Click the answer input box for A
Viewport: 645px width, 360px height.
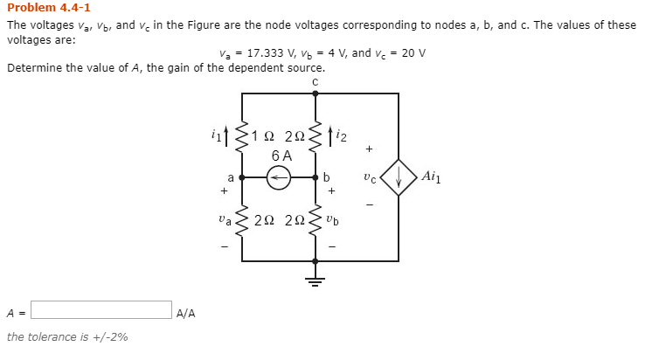click(x=101, y=310)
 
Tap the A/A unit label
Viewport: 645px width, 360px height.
click(x=185, y=312)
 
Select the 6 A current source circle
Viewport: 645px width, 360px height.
click(x=279, y=177)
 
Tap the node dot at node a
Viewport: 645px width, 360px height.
click(x=242, y=177)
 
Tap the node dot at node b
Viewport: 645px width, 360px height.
click(x=316, y=177)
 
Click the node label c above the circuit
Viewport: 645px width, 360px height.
click(x=315, y=81)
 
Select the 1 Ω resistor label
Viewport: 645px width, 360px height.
click(x=261, y=136)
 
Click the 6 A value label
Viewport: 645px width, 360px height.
click(x=281, y=156)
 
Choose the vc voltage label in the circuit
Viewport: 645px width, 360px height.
click(x=371, y=177)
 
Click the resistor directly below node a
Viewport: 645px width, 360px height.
click(x=242, y=219)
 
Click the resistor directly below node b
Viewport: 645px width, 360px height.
click(x=316, y=219)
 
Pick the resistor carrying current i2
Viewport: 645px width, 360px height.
click(x=316, y=135)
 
